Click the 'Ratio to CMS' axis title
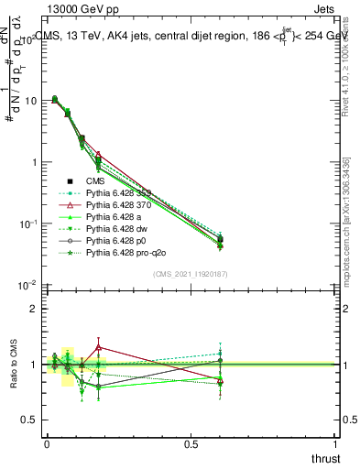[12, 365]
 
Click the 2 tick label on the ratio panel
[33, 309]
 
